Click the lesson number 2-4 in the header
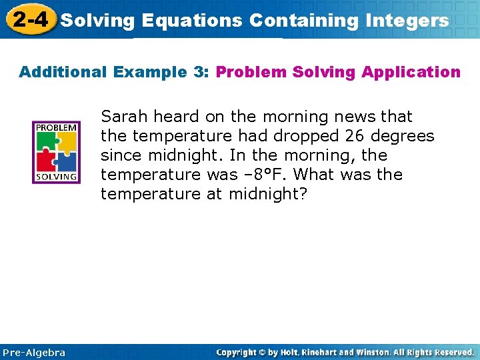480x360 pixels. (x=29, y=19)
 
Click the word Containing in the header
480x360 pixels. (x=303, y=21)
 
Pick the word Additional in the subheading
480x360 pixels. (x=62, y=72)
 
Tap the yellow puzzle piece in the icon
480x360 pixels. (x=67, y=141)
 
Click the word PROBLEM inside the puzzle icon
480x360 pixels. (x=56, y=127)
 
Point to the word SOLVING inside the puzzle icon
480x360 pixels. (x=56, y=177)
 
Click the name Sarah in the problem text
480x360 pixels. (x=125, y=117)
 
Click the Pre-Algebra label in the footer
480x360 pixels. (x=34, y=352)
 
